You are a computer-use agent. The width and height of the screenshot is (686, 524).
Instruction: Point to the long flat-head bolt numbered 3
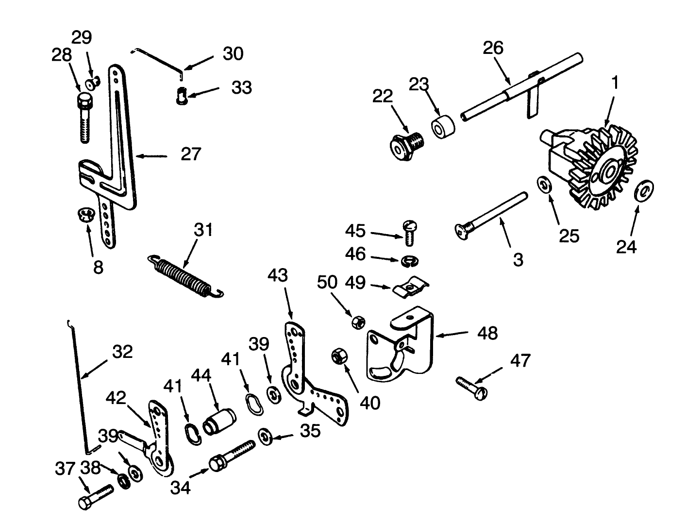(x=490, y=213)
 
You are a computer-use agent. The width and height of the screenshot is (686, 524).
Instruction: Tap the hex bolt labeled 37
(x=95, y=496)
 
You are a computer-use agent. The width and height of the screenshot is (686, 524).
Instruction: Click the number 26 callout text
(x=493, y=48)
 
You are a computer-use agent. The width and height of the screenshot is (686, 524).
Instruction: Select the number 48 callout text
(x=487, y=333)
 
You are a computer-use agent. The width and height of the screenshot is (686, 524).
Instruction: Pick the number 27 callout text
(x=191, y=154)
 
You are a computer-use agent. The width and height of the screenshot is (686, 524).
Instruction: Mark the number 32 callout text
(x=122, y=352)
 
